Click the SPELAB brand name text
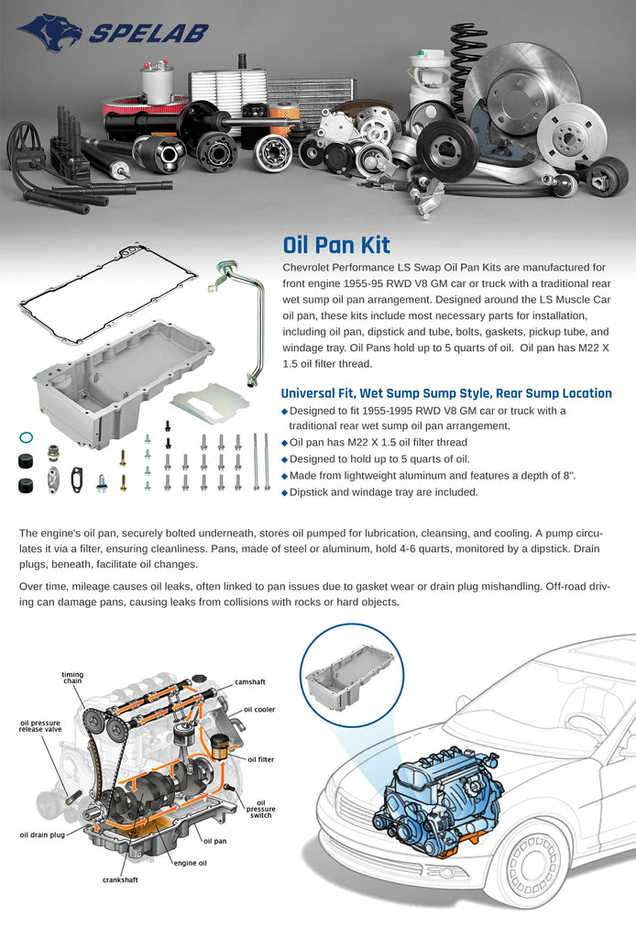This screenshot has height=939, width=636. point(149,34)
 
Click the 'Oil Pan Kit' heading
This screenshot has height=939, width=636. point(336,245)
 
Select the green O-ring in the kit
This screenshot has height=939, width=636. point(26,437)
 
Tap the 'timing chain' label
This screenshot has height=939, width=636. point(72,678)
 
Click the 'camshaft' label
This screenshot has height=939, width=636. point(249,682)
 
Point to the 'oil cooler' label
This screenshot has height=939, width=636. point(259,710)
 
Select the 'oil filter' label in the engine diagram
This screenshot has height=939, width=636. point(261,759)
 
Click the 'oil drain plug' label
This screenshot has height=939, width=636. point(42,834)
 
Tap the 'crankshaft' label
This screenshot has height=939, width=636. point(120,879)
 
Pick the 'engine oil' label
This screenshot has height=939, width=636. point(191,863)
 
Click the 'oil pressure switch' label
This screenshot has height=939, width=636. point(261,809)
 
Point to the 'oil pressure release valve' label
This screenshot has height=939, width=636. point(40,726)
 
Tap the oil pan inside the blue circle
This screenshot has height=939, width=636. point(351,676)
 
